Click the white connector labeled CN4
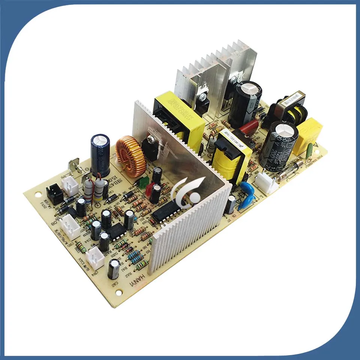pyautogui.click(x=95, y=257)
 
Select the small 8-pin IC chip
pyautogui.click(x=117, y=230)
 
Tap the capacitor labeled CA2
pyautogui.click(x=114, y=269)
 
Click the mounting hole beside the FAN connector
pyautogui.click(x=38, y=195)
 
